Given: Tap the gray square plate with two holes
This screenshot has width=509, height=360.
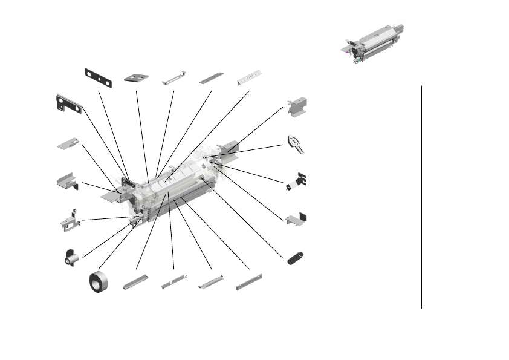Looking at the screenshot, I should click(x=137, y=77).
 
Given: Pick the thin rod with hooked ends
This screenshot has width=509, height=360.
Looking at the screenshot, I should click(x=174, y=79).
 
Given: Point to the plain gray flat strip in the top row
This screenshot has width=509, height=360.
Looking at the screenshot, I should click(x=212, y=78).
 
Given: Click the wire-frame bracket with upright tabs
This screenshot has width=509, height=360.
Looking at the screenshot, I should click(x=69, y=221).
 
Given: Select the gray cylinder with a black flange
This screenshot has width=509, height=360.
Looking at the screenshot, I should click(x=71, y=258).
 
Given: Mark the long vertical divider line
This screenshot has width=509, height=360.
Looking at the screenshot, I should click(x=421, y=197).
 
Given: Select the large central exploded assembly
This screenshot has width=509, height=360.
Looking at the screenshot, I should click(x=175, y=188).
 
